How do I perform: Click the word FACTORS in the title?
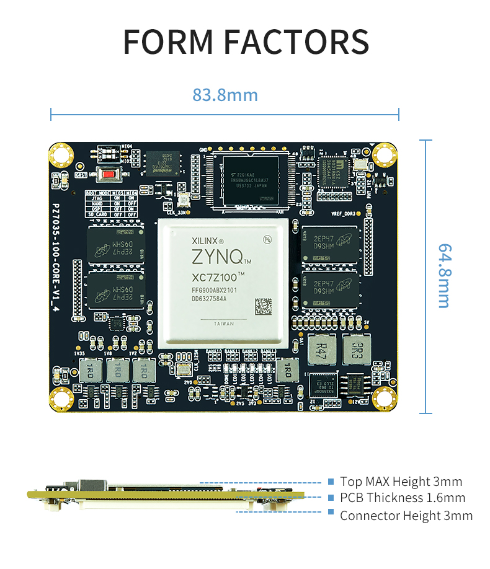[296, 41]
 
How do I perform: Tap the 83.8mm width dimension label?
[225, 95]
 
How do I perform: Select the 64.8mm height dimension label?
[444, 276]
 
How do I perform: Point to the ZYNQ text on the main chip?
[217, 257]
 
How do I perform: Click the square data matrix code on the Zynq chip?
[263, 306]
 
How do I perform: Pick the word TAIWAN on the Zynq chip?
[224, 324]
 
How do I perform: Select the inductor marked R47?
[321, 351]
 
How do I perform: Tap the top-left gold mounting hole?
[61, 153]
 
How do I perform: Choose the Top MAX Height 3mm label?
[401, 482]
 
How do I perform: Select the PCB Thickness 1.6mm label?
[402, 498]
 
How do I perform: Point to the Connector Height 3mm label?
[406, 515]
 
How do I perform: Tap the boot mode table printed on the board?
[110, 204]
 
